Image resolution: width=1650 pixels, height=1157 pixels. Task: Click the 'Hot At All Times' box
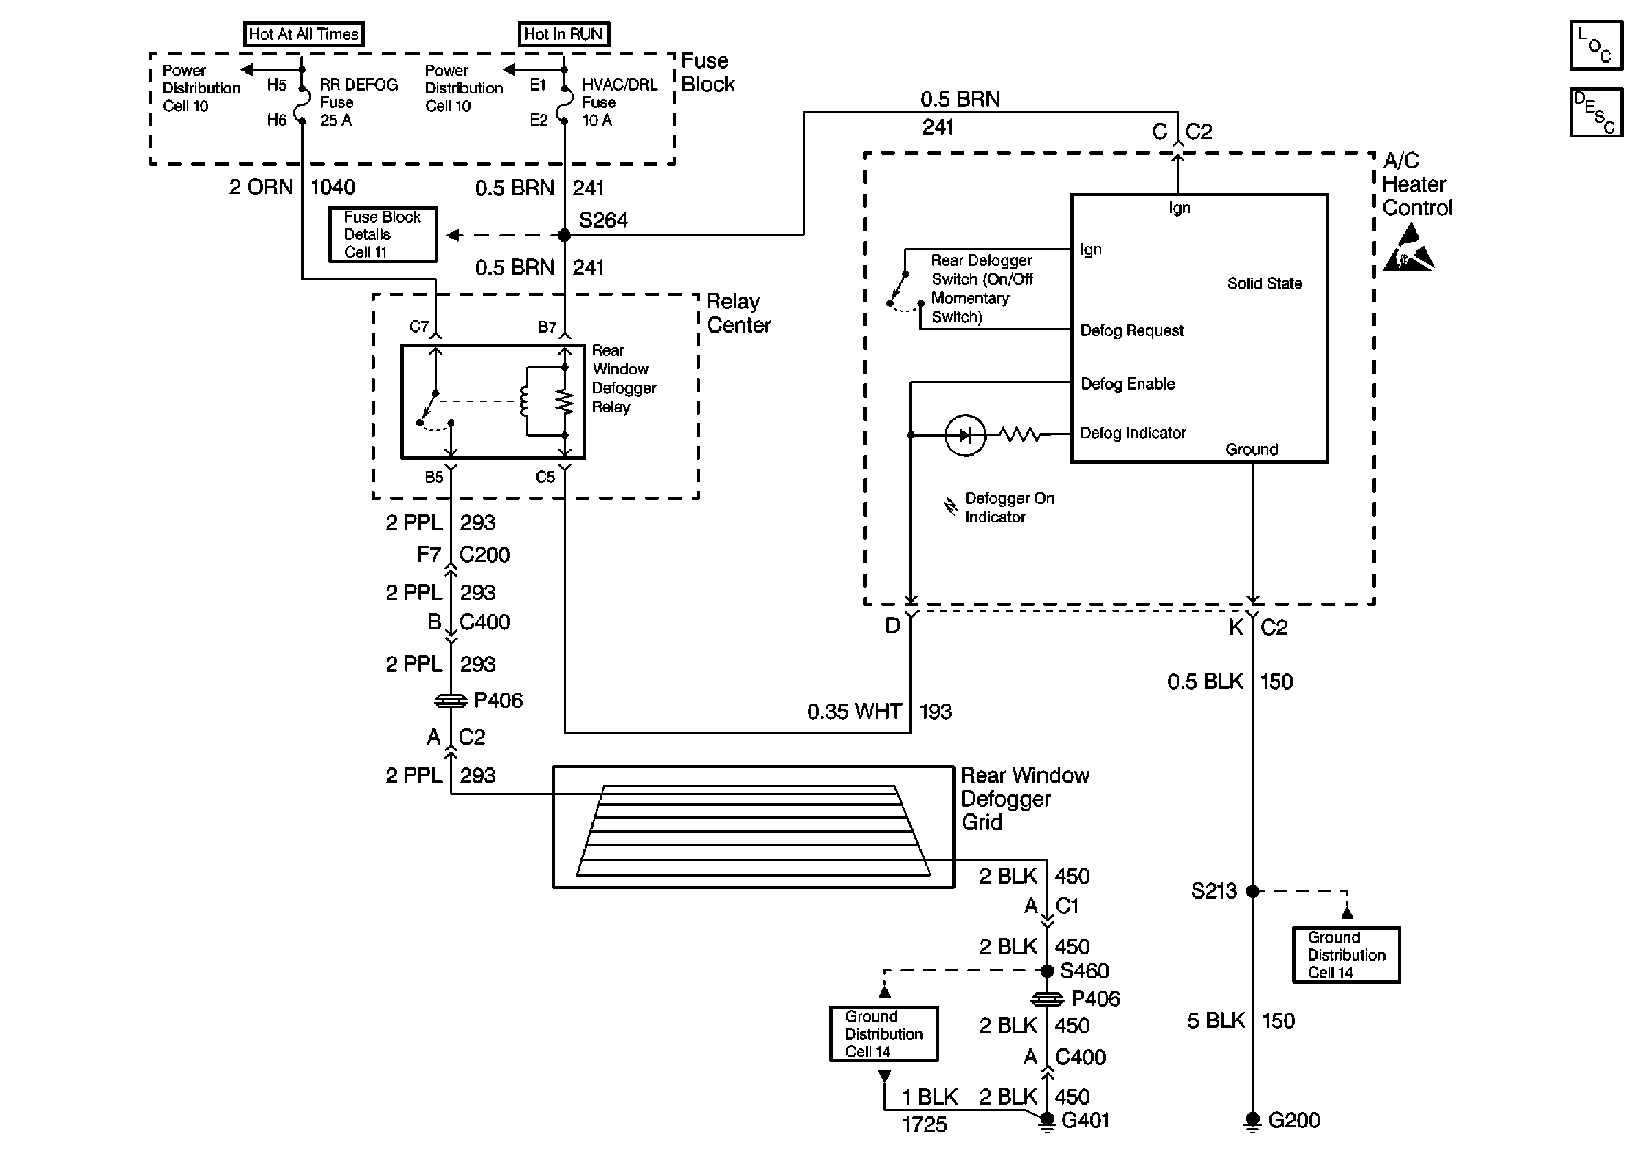tap(303, 34)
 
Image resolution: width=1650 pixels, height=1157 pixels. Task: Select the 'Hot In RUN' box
tap(563, 34)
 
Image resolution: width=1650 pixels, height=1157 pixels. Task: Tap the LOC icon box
tap(1595, 45)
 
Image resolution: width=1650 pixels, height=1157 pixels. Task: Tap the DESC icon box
tap(1595, 112)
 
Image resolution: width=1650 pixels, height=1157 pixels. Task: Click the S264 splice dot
tap(564, 235)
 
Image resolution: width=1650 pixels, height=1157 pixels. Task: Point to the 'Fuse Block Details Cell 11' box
tap(383, 234)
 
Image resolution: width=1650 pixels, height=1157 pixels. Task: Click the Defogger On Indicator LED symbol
tap(964, 435)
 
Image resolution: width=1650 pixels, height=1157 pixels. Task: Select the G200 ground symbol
tap(1252, 1121)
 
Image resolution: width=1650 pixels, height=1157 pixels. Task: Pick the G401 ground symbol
tap(1047, 1121)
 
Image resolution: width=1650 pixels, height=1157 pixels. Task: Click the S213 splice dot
tap(1252, 891)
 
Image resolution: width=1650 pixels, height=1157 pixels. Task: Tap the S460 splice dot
tap(1047, 971)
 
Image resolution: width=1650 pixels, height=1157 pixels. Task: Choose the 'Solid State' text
tap(1264, 283)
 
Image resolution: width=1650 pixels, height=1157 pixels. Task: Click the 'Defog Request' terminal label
tap(1131, 330)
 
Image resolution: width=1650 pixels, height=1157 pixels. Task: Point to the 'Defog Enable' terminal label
tap(1127, 384)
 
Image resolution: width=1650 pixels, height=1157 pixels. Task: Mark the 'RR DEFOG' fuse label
tap(358, 85)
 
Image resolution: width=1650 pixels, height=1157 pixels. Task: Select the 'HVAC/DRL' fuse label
tap(620, 85)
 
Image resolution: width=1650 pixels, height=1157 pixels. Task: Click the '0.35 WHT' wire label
tap(854, 712)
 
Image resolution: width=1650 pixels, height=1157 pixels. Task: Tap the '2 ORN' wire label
tap(261, 188)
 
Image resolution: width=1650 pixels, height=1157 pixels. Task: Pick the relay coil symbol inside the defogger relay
tap(524, 403)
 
